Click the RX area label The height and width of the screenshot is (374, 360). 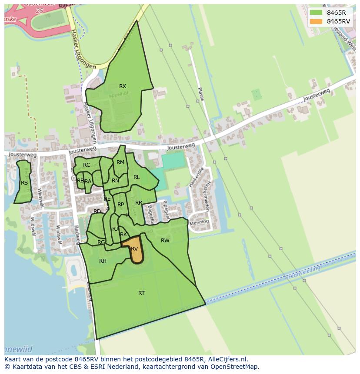coord(123,86)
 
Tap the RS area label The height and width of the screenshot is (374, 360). coord(24,182)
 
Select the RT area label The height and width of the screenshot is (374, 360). coord(141,293)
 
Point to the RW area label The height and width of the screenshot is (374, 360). coord(165,240)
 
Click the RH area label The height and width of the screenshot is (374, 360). coord(103,261)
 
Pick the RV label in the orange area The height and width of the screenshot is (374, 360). coord(134,248)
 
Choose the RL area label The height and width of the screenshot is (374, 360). coord(137,177)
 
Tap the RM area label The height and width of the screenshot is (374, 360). coord(120,162)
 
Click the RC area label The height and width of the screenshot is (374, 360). coord(87,165)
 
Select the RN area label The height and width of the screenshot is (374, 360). coord(115,180)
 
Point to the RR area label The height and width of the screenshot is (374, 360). coord(139,202)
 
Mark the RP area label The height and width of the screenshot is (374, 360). coord(121,204)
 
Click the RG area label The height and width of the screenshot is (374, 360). coord(101,242)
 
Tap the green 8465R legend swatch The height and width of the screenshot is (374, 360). coord(317,13)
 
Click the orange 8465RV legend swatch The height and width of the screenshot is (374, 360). coord(317,21)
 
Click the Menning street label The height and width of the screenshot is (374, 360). coord(199,222)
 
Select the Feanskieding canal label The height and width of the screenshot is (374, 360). coord(304,272)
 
